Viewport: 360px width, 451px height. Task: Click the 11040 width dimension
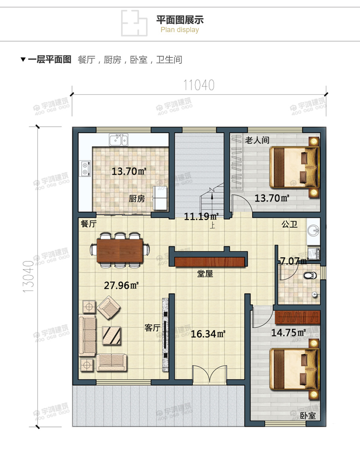pos(199,85)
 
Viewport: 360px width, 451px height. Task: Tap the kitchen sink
pos(119,140)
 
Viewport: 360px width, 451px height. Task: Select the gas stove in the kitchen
pos(85,168)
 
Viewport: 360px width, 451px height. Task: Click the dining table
pos(120,249)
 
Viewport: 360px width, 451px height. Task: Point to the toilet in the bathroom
pos(309,275)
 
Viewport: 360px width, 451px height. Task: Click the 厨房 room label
pos(137,199)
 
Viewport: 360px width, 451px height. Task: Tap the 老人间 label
pos(257,140)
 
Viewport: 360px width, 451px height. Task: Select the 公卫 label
pos(289,225)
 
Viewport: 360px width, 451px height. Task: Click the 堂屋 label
pos(205,274)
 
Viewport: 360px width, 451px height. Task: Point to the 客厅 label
pos(152,328)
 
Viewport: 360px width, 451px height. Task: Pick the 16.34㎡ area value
pos(208,334)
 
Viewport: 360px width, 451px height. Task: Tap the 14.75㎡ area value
pos(288,332)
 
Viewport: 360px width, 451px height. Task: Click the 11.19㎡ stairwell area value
pos(201,216)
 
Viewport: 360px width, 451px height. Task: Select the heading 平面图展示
pos(180,20)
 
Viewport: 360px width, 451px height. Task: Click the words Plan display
pos(180,30)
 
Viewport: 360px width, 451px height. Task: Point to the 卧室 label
pos(308,416)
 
